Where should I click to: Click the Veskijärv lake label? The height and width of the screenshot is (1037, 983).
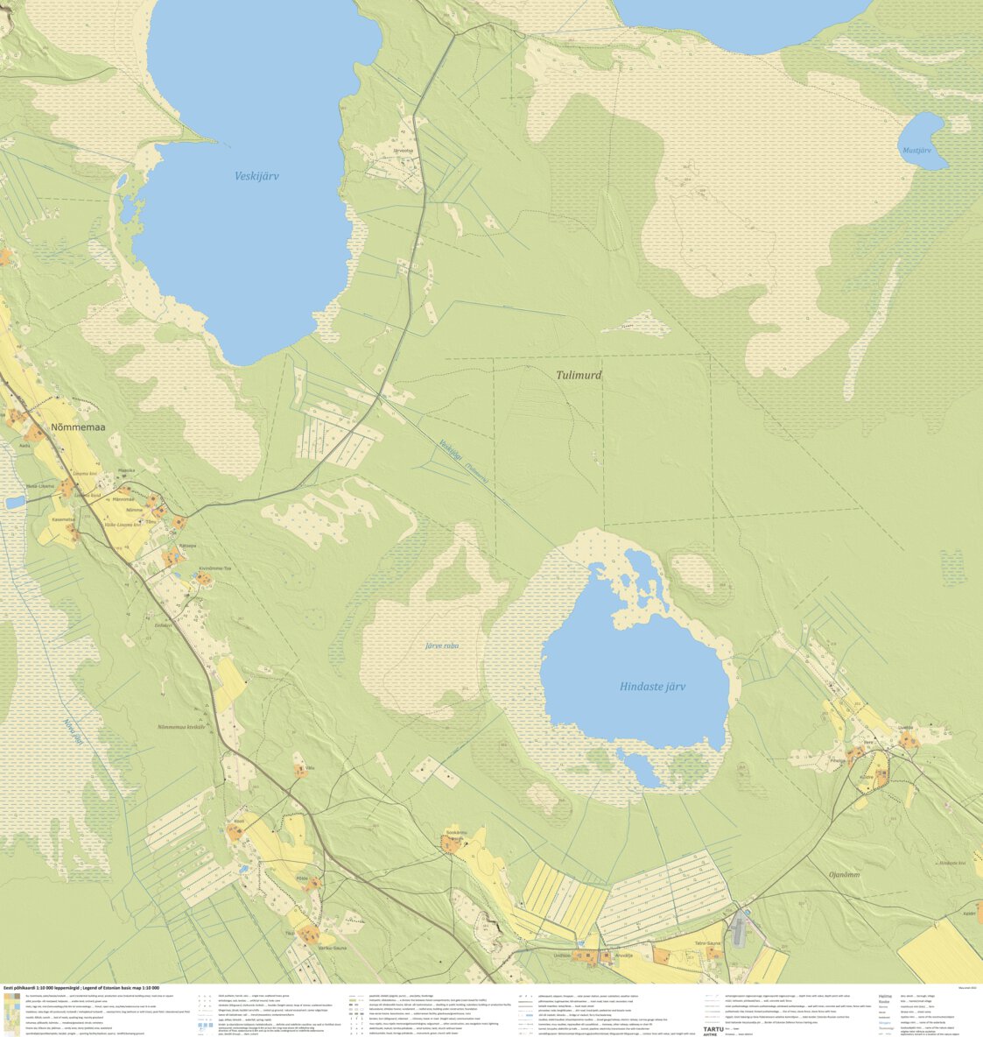pyautogui.click(x=256, y=176)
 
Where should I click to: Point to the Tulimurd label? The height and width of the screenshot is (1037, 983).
pyautogui.click(x=579, y=375)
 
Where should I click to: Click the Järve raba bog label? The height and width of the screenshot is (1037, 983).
pyautogui.click(x=441, y=645)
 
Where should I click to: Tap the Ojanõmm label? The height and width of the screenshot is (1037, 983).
pyautogui.click(x=844, y=874)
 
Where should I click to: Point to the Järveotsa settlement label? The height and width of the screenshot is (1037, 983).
pyautogui.click(x=403, y=151)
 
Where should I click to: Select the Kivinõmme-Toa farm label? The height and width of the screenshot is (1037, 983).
pyautogui.click(x=214, y=568)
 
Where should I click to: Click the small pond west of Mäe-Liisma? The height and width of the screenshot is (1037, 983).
pyautogui.click(x=15, y=503)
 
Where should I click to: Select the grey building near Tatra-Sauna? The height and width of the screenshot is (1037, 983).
pyautogui.click(x=741, y=929)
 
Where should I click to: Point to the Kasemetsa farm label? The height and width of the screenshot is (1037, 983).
pyautogui.click(x=63, y=519)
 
